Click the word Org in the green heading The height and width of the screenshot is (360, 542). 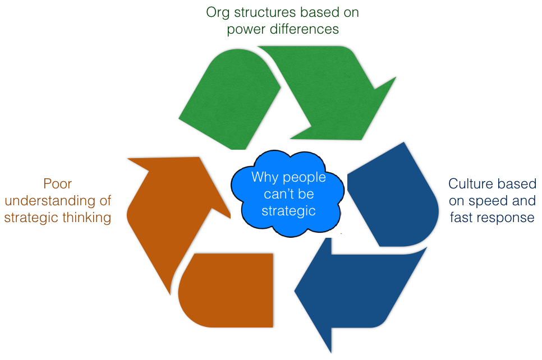tap(218, 13)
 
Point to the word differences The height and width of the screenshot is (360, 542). tap(305, 29)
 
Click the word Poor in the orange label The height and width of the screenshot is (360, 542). tap(58, 184)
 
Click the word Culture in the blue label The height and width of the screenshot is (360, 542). tap(470, 184)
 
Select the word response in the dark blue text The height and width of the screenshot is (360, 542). tap(507, 218)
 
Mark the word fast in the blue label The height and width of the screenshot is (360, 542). tap(462, 218)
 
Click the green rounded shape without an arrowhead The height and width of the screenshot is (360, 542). tap(230, 100)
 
